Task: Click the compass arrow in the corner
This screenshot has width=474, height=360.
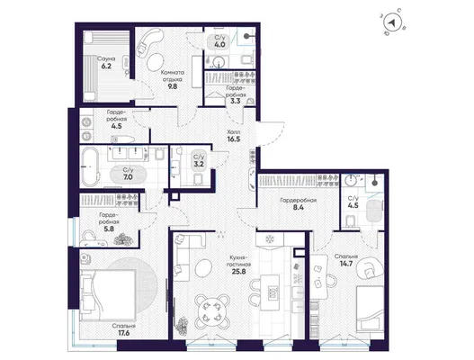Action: coord(392,22)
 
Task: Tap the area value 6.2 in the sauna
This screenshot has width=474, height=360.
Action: coord(106,66)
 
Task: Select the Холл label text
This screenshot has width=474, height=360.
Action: coord(234,132)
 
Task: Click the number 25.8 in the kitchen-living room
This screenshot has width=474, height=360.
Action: coord(238,272)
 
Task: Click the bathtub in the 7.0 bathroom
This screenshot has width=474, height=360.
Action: coord(90,166)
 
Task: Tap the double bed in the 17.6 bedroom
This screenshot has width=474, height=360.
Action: coord(108,295)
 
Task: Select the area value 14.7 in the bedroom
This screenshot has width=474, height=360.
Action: coord(346,264)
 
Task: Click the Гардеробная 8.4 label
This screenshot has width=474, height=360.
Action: coord(298,203)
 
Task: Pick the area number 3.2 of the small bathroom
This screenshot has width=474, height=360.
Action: coord(199,165)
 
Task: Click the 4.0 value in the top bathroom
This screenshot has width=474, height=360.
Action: coord(219,45)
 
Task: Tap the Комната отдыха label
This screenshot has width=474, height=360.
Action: coord(173,76)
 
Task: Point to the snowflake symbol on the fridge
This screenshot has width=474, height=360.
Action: coord(269,239)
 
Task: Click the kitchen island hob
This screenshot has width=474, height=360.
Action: coord(272,293)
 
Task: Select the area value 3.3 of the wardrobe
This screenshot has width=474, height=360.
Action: coord(235,101)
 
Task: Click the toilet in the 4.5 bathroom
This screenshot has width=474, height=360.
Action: coord(351,221)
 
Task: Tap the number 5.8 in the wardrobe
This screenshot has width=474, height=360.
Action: coord(109,229)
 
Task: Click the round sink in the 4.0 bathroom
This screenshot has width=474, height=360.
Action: coord(218,62)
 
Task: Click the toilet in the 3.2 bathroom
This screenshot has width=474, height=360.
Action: coord(198,180)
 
